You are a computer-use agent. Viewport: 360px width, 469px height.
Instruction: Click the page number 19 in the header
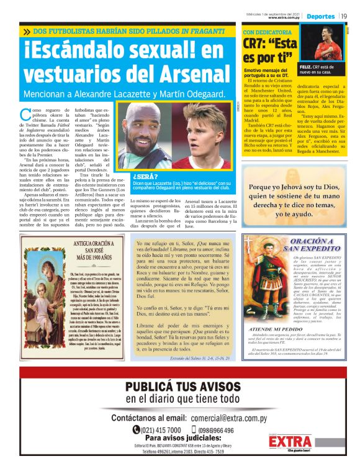343,16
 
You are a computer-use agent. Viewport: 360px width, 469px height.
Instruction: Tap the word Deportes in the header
321,16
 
